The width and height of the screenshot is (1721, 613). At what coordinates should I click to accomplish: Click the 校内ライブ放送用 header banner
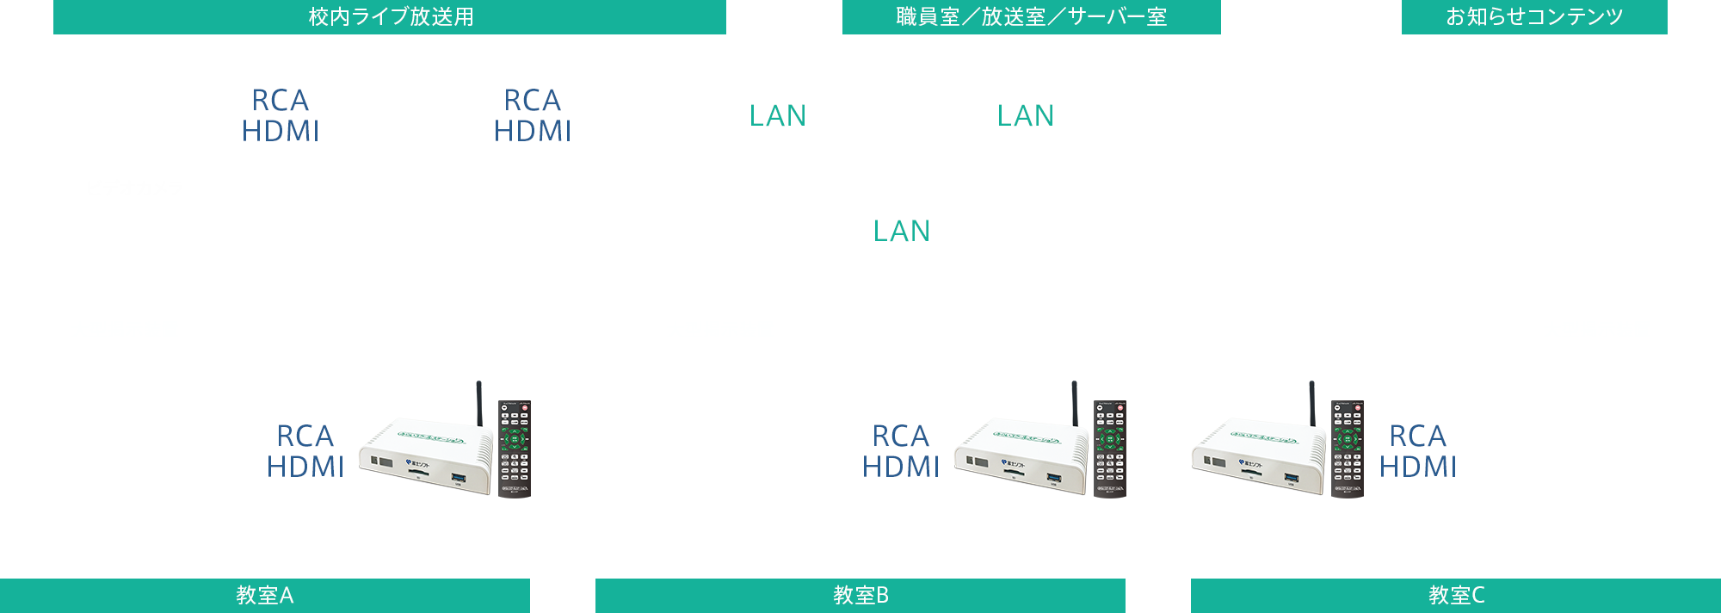click(x=390, y=17)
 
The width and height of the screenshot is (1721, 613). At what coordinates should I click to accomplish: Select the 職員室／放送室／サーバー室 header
click(x=1031, y=17)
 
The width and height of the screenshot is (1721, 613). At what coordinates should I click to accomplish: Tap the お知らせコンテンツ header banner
click(x=1533, y=17)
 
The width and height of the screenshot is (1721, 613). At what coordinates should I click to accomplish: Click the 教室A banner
click(x=265, y=595)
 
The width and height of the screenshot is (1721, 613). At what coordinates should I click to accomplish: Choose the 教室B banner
click(x=860, y=595)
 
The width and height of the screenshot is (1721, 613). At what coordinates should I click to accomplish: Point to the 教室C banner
click(x=1456, y=595)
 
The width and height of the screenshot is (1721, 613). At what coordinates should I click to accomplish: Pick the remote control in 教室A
click(x=515, y=449)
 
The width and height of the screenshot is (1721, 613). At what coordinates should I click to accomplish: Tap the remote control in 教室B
click(x=1110, y=449)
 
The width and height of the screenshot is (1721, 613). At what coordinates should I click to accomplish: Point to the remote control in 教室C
click(x=1348, y=449)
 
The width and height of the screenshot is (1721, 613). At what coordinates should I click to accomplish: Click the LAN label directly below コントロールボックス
click(x=901, y=231)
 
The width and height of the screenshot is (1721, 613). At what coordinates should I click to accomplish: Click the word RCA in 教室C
click(x=1417, y=436)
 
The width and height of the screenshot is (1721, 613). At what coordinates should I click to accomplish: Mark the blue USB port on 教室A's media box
click(x=459, y=477)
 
